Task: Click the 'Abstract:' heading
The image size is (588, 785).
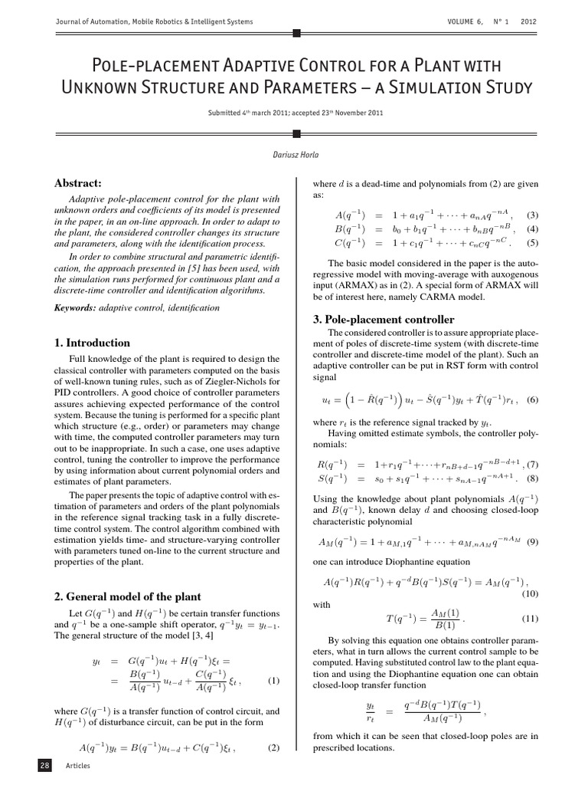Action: coord(79,182)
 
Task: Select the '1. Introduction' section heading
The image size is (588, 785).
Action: coord(92,343)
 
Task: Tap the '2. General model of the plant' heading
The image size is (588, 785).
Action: coord(127,596)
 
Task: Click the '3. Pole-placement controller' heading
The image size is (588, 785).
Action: coord(390,319)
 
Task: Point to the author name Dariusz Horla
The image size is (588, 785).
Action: coord(294,155)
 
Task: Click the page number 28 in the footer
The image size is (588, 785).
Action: coord(44,765)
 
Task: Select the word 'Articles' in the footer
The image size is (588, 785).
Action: coord(77,766)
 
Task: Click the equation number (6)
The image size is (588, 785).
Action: coord(532,399)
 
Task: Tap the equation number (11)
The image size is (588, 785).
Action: coord(530,618)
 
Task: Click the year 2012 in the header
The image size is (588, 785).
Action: coord(528,21)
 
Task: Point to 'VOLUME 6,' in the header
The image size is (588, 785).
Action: coord(466,21)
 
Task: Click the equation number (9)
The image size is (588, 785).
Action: coord(532,542)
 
